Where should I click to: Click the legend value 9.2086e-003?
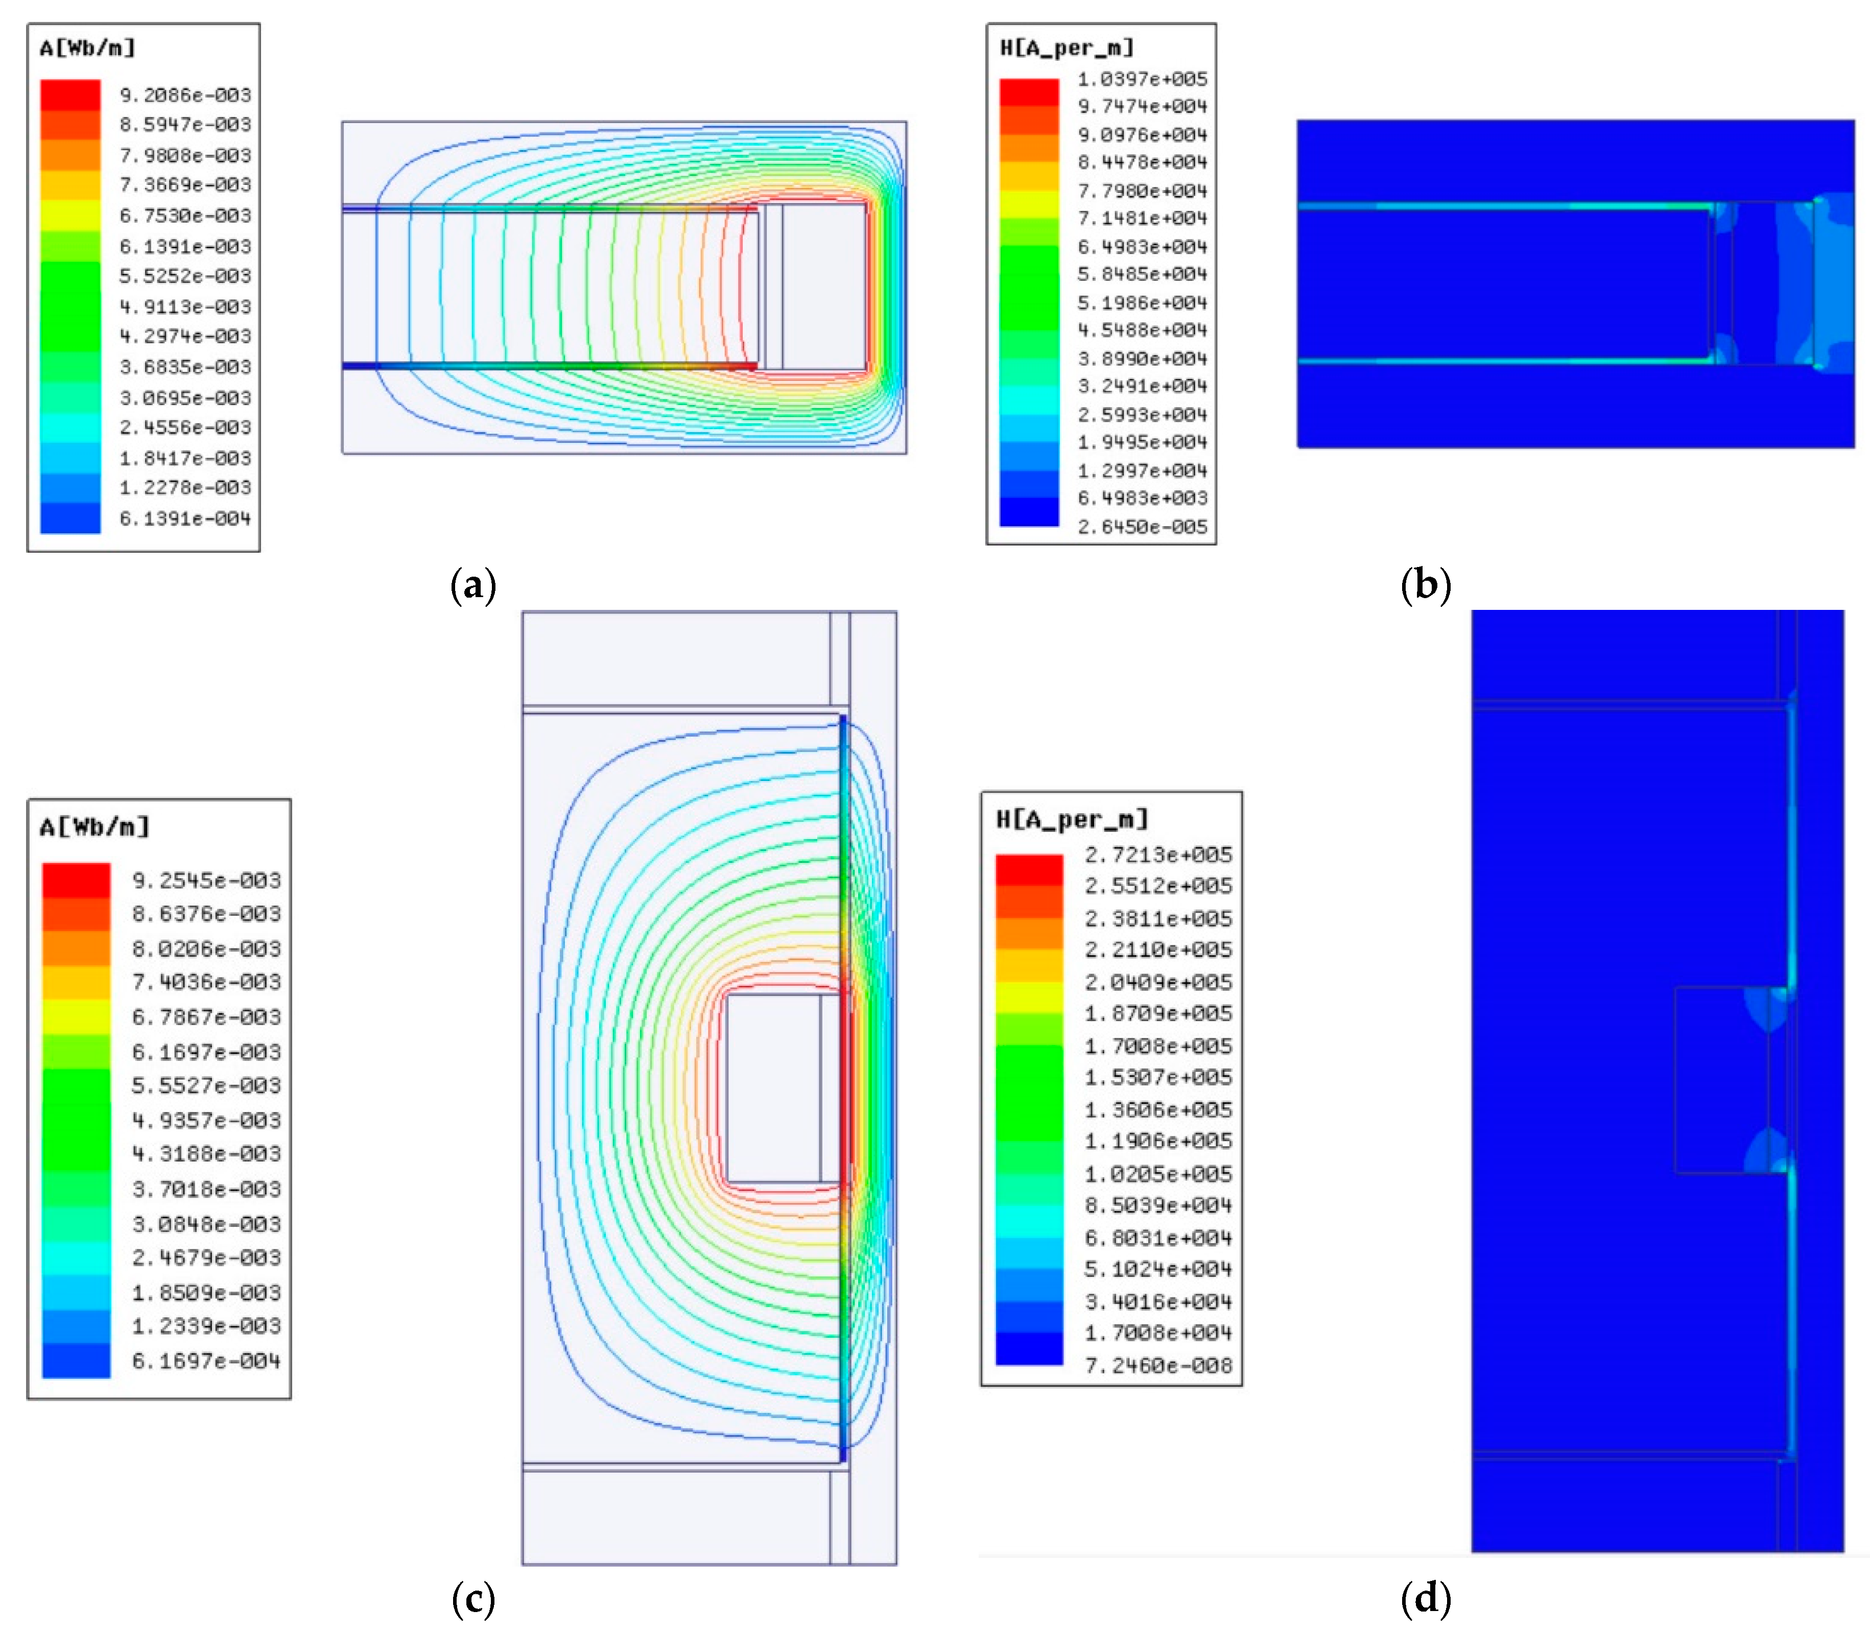[185, 95]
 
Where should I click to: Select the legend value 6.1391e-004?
[185, 518]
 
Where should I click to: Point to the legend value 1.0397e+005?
[1142, 79]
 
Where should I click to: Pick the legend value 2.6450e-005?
[1142, 527]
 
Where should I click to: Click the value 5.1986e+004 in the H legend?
[1142, 302]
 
